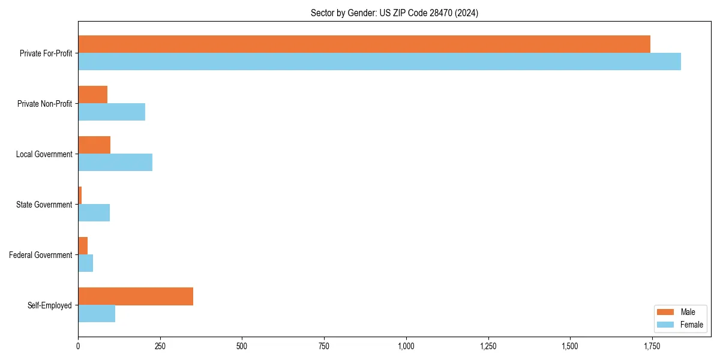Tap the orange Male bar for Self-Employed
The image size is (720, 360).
136,296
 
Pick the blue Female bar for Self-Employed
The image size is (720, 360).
97,314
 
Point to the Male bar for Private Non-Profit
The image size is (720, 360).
92,95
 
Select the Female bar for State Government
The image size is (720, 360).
94,213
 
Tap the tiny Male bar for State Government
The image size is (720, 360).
80,196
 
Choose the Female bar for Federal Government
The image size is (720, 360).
85,263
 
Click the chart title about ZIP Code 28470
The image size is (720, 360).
394,13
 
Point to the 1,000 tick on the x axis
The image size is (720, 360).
406,346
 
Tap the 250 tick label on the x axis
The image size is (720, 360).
160,346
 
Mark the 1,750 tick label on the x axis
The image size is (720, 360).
652,346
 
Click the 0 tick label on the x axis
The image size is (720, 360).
78,346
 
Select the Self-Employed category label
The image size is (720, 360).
50,305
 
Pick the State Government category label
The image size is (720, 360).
44,205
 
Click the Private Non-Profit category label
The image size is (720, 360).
45,104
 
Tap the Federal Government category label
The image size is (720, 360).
41,255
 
